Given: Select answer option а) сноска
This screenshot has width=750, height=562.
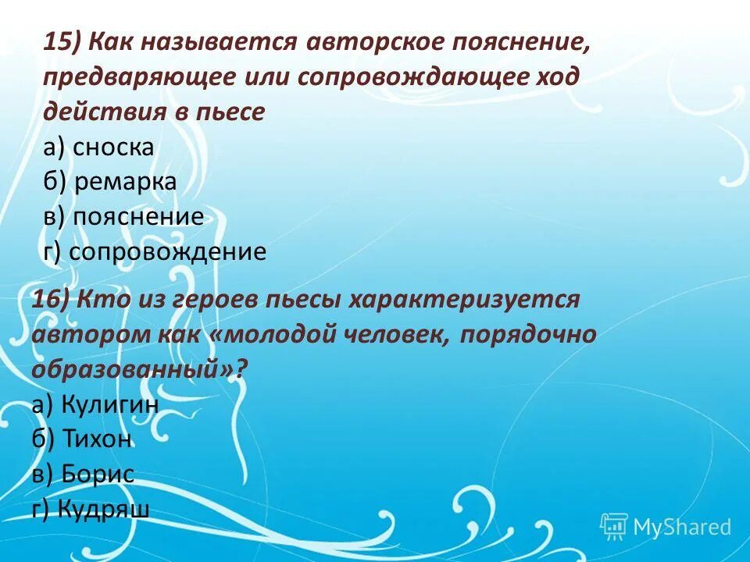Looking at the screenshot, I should click(99, 148).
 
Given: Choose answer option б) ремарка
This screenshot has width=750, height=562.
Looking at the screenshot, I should click(110, 182).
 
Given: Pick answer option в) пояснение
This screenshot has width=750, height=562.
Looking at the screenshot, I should click(124, 216).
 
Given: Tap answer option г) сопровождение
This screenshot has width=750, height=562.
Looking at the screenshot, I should click(155, 251).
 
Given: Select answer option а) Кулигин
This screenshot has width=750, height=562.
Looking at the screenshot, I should click(95, 404).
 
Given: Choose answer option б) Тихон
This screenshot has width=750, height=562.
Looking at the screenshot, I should click(82, 439).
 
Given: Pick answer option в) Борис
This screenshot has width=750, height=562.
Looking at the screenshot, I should click(84, 474).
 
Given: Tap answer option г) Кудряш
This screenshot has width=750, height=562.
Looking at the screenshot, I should click(91, 509).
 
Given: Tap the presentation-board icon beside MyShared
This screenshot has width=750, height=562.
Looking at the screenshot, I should click(614, 526).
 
